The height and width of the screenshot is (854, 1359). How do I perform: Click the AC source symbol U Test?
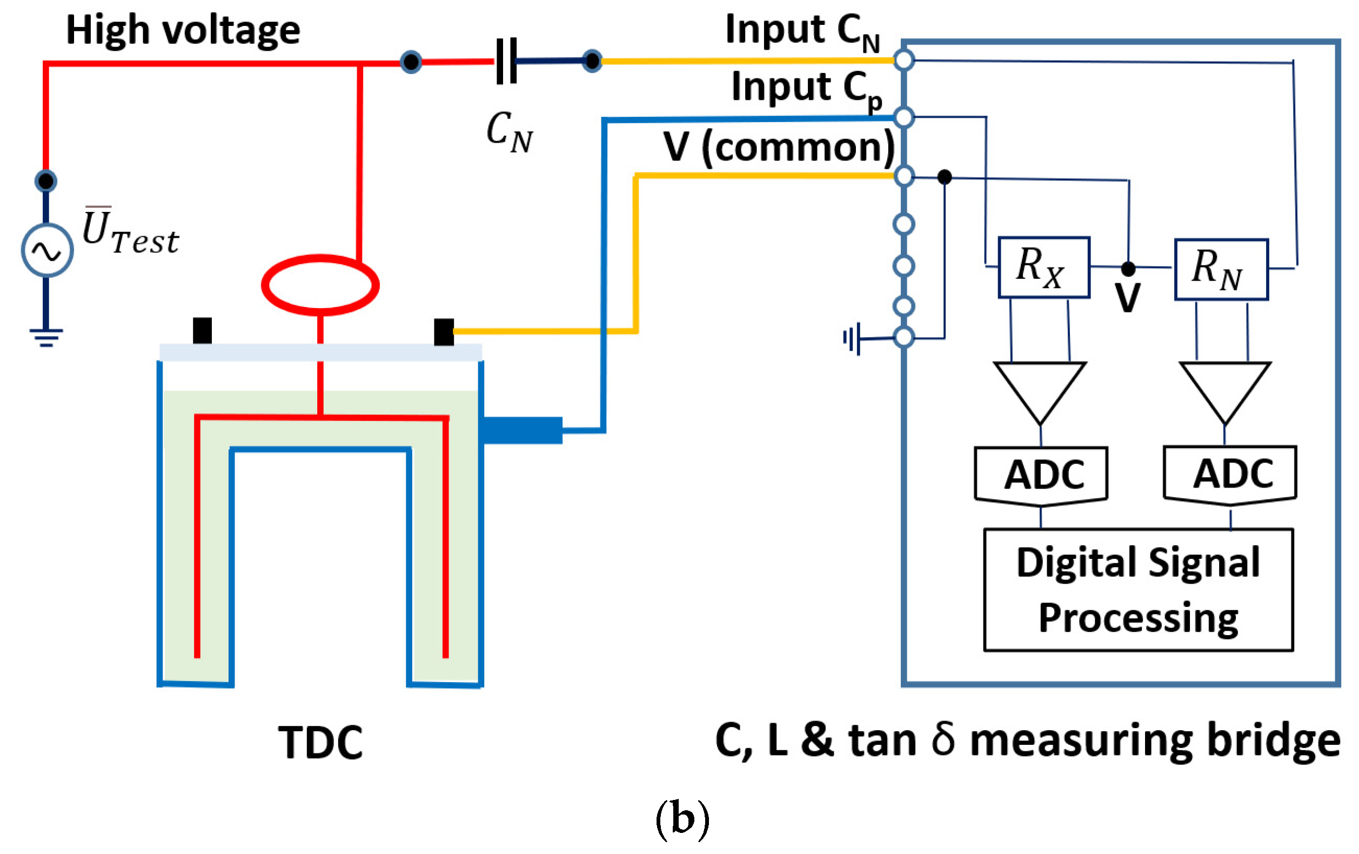[47, 250]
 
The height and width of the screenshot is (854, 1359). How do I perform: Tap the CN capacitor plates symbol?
[506, 61]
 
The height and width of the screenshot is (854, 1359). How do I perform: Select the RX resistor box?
[1043, 267]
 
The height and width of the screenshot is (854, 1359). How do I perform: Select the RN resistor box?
[1221, 269]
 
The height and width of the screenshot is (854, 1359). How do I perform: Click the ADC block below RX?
[1041, 475]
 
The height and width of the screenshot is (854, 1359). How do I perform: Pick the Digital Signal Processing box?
[1139, 590]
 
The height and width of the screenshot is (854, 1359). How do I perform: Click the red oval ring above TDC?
[320, 284]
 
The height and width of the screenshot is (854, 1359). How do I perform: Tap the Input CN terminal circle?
[903, 60]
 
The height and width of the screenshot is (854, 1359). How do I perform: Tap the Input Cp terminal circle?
[903, 117]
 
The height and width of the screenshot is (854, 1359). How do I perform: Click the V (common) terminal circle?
[903, 176]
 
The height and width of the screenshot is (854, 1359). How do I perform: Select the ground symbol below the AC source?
[46, 337]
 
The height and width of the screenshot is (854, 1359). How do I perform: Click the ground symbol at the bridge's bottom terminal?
[851, 339]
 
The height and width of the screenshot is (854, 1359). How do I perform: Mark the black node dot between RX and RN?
[1128, 268]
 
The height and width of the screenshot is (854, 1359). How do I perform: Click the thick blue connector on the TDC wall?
[521, 430]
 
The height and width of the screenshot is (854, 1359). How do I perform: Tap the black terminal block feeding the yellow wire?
[444, 331]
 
